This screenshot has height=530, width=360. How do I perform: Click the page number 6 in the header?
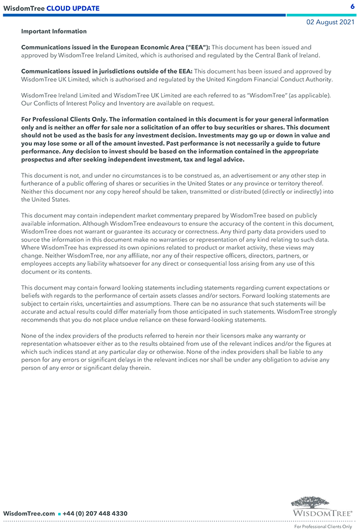tap(352, 7)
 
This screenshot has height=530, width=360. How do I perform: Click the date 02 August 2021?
tap(331, 22)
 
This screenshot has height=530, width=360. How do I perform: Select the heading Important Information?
tap(54, 32)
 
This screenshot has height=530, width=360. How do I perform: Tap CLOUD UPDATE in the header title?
tap(73, 8)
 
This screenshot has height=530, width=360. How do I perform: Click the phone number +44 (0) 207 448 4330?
tap(95, 513)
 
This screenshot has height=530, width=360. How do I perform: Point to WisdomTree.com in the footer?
tap(29, 513)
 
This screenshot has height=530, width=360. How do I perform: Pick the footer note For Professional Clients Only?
tap(323, 527)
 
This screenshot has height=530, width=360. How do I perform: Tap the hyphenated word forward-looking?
tap(205, 320)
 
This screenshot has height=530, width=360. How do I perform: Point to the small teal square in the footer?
tap(59, 514)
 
